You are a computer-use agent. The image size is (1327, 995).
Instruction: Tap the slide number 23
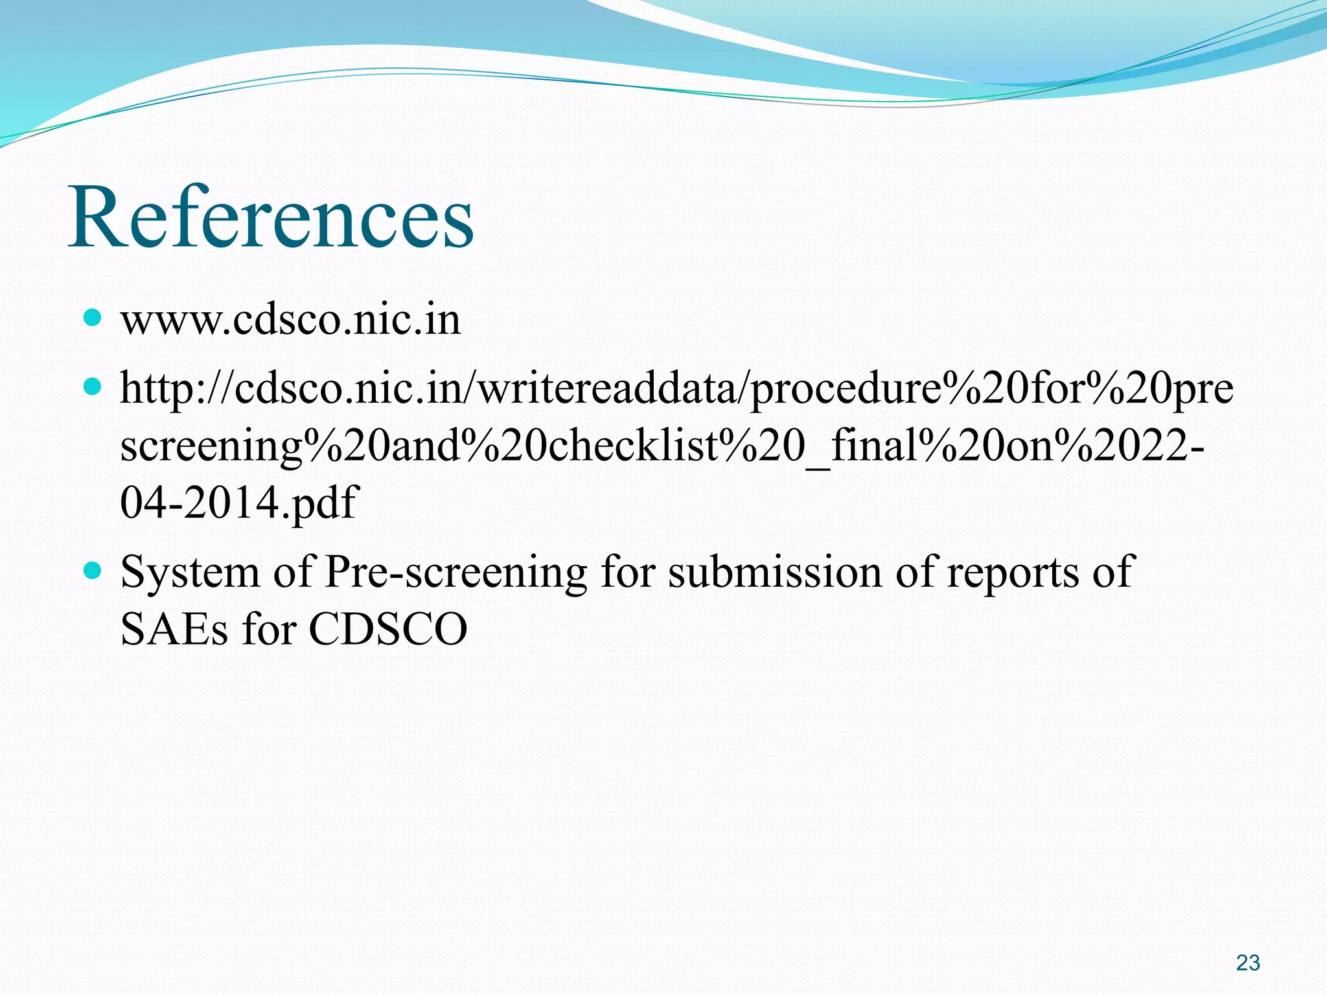coord(1247,963)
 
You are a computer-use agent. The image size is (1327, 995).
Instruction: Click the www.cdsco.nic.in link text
coord(290,319)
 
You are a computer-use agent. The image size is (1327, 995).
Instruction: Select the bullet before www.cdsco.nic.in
coord(93,317)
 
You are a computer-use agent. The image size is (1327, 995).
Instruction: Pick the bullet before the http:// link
coord(93,387)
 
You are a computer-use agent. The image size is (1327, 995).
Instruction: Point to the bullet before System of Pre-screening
coord(93,571)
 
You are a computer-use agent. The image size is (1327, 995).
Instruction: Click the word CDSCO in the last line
coord(387,629)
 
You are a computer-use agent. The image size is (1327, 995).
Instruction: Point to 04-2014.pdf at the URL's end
coord(238,503)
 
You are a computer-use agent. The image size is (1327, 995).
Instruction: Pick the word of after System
coord(292,573)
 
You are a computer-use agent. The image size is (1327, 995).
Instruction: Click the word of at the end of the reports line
coord(1113,573)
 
